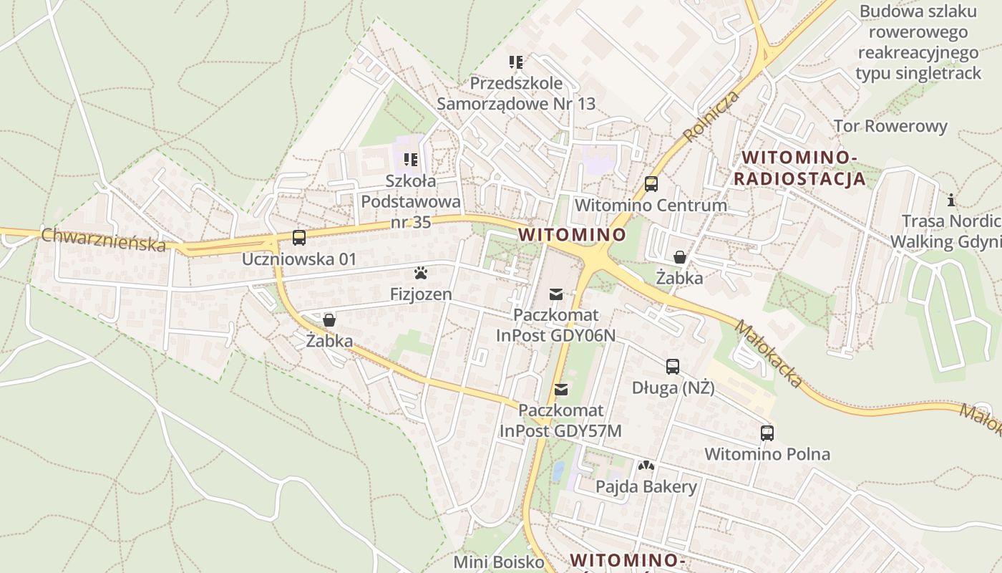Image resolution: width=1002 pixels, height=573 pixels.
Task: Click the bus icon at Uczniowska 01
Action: coord(299,238)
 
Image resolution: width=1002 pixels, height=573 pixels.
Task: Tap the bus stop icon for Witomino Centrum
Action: coord(651,184)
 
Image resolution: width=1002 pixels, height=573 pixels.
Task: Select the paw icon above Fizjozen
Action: coord(421,273)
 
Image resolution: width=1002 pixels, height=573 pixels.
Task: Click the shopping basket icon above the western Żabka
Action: coord(329,319)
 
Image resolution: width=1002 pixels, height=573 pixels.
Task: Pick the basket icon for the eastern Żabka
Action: coord(680,256)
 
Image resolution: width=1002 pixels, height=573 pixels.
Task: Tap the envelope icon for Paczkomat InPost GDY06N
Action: coord(556,294)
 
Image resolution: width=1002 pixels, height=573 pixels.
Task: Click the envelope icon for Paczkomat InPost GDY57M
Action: coord(561,390)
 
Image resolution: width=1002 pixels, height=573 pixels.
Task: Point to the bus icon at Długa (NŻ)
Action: coord(673,367)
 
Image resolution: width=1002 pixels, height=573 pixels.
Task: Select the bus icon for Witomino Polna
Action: coord(767,433)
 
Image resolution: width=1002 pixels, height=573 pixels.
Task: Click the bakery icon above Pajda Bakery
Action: coord(646,466)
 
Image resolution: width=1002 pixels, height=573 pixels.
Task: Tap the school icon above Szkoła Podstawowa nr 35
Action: coord(411,159)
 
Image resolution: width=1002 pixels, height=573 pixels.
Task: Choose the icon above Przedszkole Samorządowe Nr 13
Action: coord(516,62)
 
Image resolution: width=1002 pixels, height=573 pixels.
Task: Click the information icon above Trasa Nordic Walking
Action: coord(951,200)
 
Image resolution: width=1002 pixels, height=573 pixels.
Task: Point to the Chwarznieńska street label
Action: coord(104,240)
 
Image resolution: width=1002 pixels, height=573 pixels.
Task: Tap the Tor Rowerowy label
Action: coord(890,127)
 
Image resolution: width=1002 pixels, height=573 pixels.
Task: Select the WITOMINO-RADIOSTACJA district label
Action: coord(799,168)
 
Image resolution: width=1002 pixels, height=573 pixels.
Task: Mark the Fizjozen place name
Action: coord(421,294)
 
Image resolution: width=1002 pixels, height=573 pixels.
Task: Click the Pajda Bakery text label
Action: coord(646,487)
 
